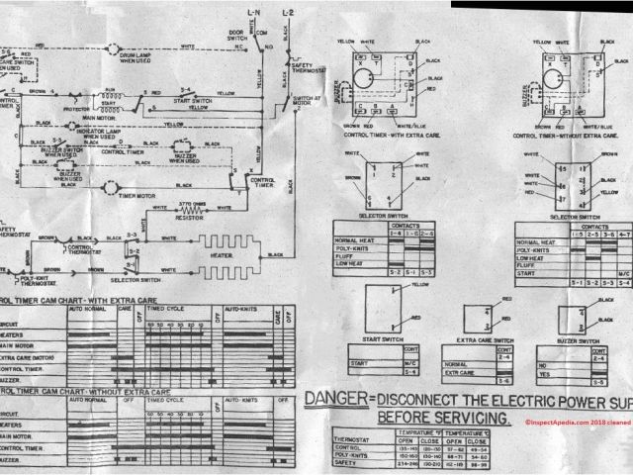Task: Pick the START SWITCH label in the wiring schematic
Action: click(x=193, y=100)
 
